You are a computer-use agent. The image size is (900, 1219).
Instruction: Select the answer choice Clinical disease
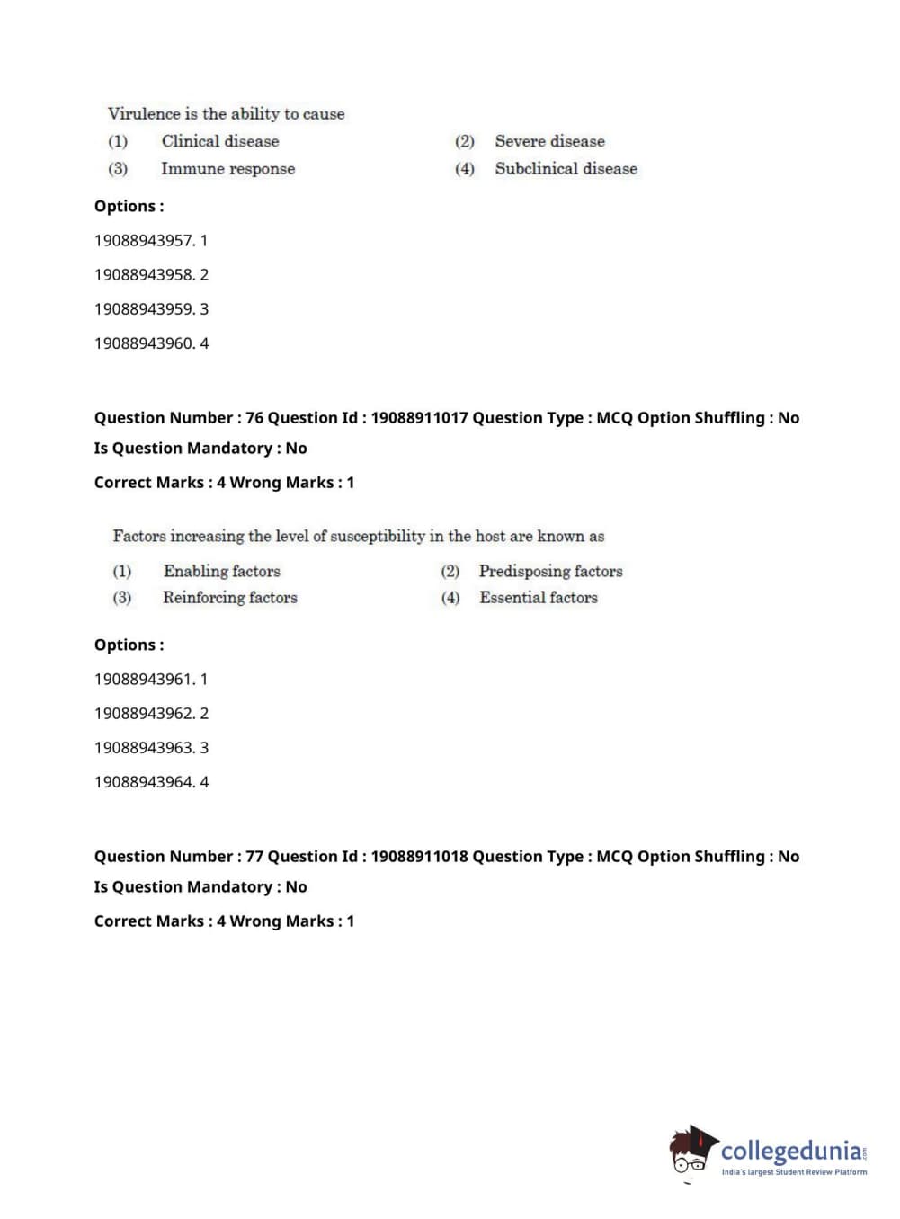[x=220, y=141]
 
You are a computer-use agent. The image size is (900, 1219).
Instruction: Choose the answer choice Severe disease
[x=549, y=141]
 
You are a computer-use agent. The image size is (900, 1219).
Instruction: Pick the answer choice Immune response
[x=227, y=169]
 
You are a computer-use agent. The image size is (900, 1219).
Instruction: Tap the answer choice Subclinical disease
[x=566, y=169]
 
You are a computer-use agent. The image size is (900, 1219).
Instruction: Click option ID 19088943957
[x=144, y=241]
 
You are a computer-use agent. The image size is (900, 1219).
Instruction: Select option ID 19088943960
[x=144, y=343]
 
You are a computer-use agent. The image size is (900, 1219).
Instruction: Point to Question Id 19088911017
[x=419, y=418]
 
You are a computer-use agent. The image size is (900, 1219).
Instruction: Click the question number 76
[x=254, y=418]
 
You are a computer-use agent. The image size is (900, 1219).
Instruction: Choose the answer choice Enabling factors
[x=221, y=572]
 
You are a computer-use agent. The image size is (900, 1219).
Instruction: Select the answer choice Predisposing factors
[x=550, y=572]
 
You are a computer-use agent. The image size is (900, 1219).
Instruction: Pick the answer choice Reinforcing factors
[x=229, y=598]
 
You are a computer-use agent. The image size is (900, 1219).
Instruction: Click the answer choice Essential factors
[x=538, y=598]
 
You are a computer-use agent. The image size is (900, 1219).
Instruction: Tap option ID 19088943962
[x=144, y=714]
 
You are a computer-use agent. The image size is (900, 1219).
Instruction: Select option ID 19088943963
[x=144, y=748]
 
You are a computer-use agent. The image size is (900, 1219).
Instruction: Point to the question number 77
[x=254, y=857]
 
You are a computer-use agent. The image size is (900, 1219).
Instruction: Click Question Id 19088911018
[x=419, y=857]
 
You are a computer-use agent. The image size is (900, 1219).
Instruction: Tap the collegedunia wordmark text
[x=791, y=1151]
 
